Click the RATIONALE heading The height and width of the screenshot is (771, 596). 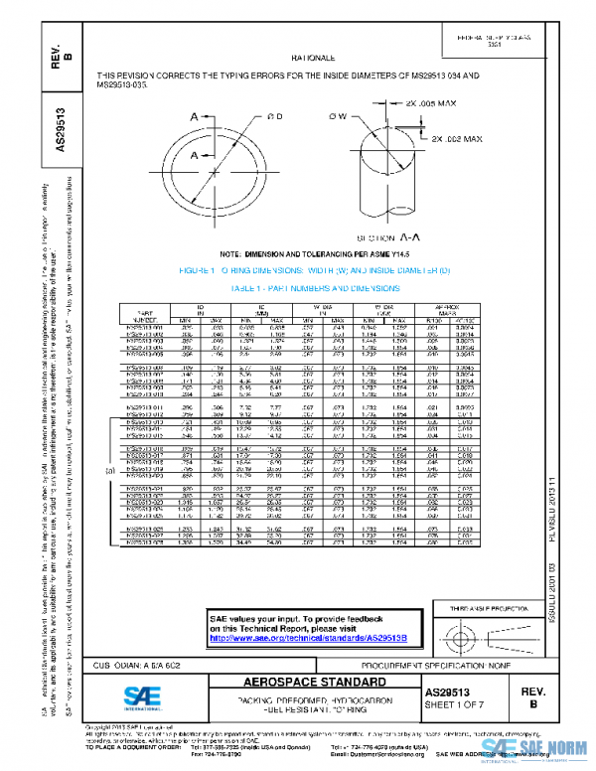click(x=314, y=61)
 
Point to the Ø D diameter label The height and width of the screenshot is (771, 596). click(x=275, y=117)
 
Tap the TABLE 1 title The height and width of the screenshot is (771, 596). click(x=314, y=286)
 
